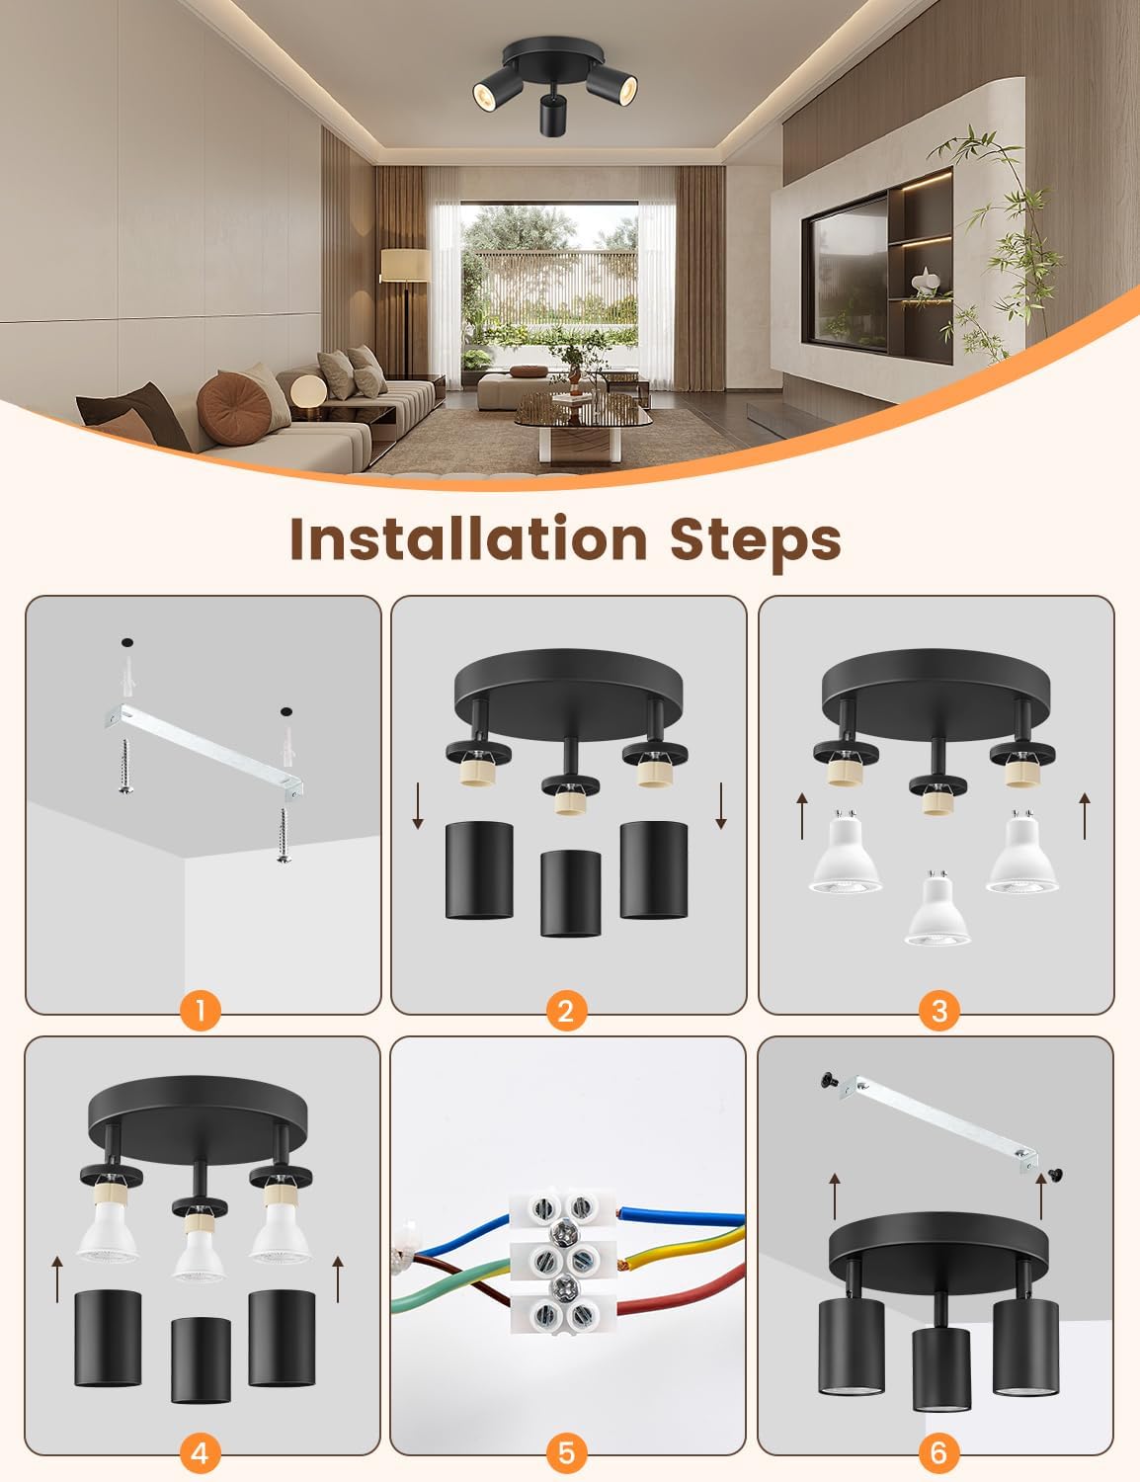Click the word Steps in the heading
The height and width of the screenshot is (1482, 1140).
tap(756, 543)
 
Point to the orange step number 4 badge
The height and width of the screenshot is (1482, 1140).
tap(201, 1452)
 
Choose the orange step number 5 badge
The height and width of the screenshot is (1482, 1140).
tap(567, 1452)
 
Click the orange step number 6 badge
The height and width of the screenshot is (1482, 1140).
tap(938, 1452)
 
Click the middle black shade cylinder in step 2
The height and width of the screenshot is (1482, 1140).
tap(571, 893)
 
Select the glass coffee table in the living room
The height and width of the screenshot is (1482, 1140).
tap(583, 424)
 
